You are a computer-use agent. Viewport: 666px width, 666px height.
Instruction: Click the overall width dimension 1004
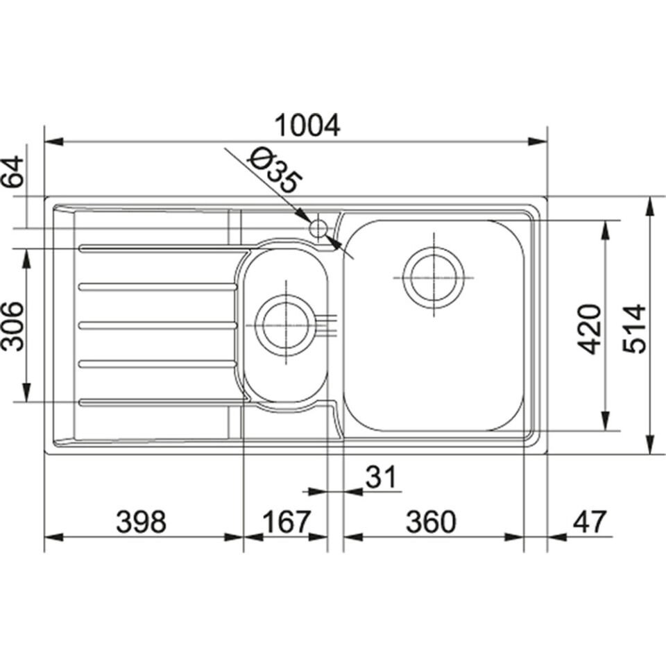click(307, 126)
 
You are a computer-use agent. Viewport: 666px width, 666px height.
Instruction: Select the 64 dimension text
click(15, 173)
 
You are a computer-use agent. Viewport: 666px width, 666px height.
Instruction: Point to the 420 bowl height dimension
click(590, 328)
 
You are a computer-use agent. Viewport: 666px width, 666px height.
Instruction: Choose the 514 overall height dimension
click(635, 328)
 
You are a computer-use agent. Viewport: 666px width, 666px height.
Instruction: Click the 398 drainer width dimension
click(142, 521)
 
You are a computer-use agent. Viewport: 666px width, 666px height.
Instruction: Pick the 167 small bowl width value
click(285, 521)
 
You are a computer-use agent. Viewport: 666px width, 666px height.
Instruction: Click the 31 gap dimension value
click(380, 477)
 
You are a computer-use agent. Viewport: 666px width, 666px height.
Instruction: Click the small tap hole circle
click(318, 228)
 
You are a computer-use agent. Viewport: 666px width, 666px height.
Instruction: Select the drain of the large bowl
click(434, 275)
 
